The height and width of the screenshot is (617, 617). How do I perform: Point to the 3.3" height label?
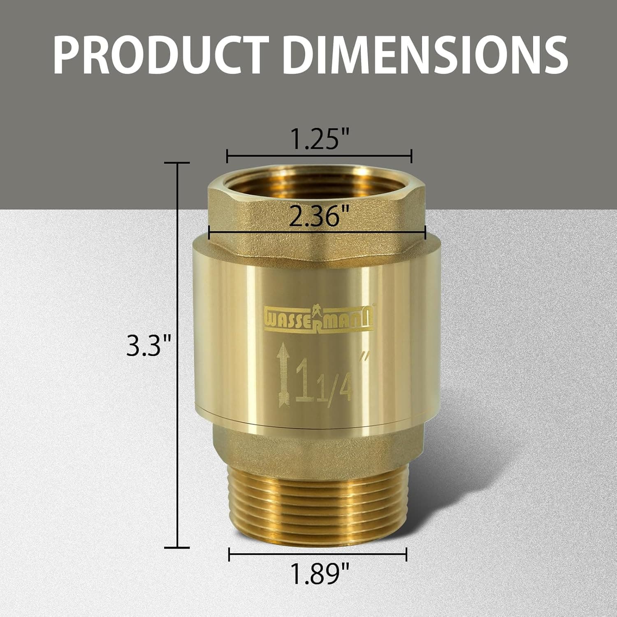(148, 346)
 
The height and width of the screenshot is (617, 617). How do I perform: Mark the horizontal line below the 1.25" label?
(319, 156)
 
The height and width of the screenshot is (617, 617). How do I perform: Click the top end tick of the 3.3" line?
(177, 163)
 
